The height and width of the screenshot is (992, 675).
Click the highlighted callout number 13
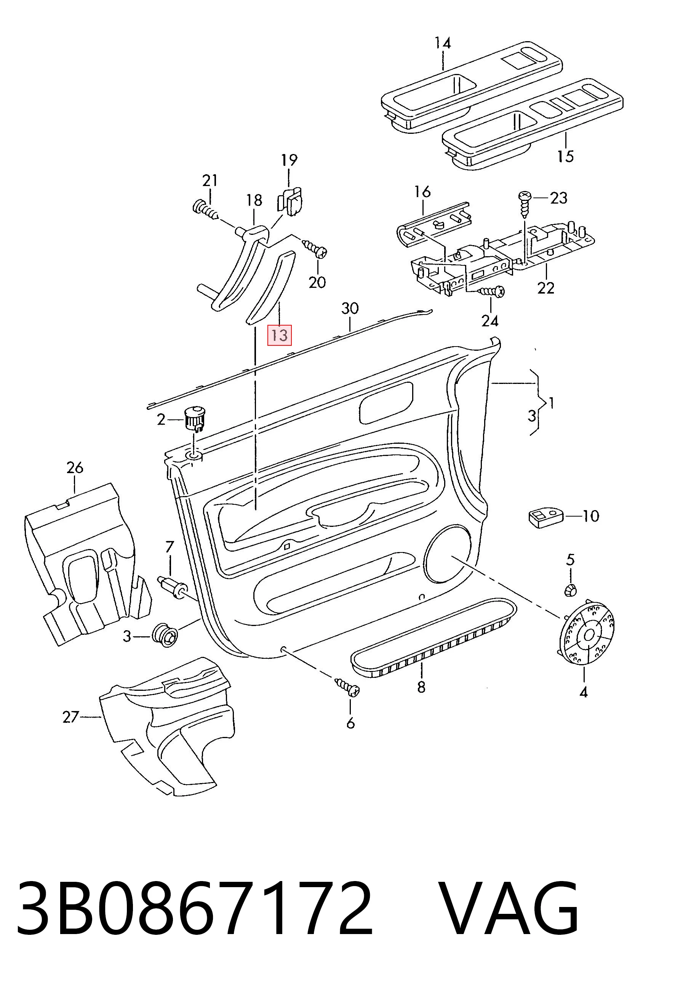tap(279, 335)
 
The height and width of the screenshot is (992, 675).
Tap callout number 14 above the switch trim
tap(443, 43)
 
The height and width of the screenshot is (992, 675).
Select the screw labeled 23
tap(524, 204)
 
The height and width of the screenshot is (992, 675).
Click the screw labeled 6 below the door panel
tap(347, 687)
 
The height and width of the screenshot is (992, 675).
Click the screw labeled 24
tap(491, 292)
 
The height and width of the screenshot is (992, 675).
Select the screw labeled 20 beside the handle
tap(315, 249)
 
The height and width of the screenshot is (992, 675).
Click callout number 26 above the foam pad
tap(75, 468)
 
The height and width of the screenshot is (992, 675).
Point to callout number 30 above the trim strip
tap(350, 308)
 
